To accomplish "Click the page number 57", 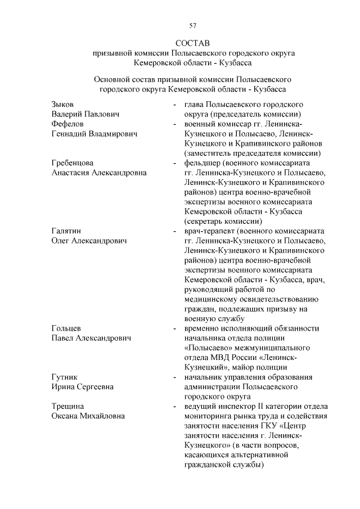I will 193,25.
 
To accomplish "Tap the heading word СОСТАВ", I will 192,43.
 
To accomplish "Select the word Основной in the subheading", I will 112,80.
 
